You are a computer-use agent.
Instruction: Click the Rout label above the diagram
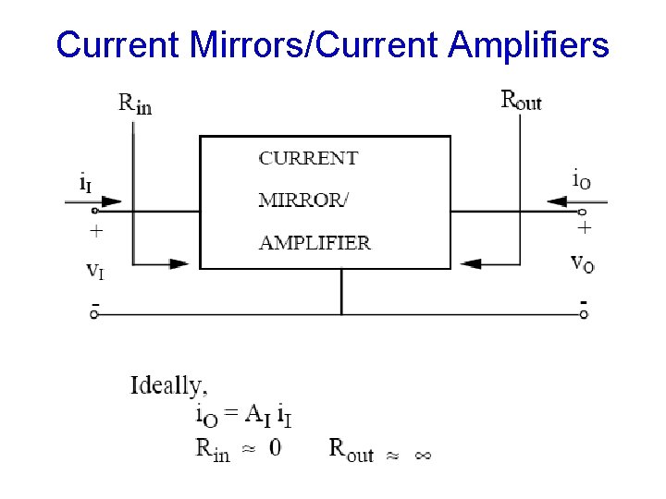click(x=521, y=100)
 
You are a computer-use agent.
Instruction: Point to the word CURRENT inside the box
click(x=308, y=158)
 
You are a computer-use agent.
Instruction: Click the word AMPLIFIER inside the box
click(x=314, y=244)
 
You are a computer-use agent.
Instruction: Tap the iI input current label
click(x=84, y=183)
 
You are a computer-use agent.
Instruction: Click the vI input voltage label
click(x=94, y=271)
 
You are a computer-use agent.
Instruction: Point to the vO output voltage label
click(x=583, y=262)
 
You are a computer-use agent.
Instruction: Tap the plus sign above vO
click(x=584, y=226)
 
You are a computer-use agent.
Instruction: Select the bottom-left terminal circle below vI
click(x=94, y=314)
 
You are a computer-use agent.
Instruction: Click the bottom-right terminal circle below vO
click(x=584, y=314)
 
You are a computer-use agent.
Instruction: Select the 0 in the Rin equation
click(x=275, y=448)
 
